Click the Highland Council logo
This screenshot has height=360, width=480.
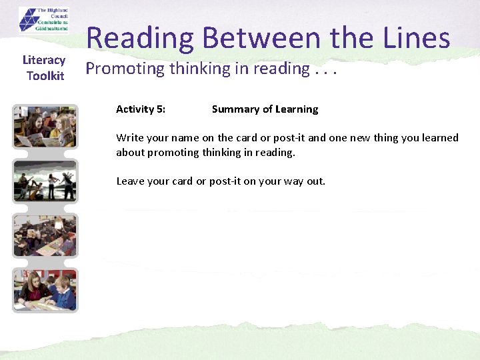43,19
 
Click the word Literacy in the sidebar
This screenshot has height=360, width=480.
44,61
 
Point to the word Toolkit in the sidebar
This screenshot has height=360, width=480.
45,76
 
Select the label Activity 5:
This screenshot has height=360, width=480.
141,109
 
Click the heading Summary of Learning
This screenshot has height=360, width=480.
265,109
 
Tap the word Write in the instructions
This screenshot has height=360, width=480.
130,138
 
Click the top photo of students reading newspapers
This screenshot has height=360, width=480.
45,127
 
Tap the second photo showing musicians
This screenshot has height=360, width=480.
45,181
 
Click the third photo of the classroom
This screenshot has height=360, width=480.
45,235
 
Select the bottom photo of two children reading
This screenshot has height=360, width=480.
45,289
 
